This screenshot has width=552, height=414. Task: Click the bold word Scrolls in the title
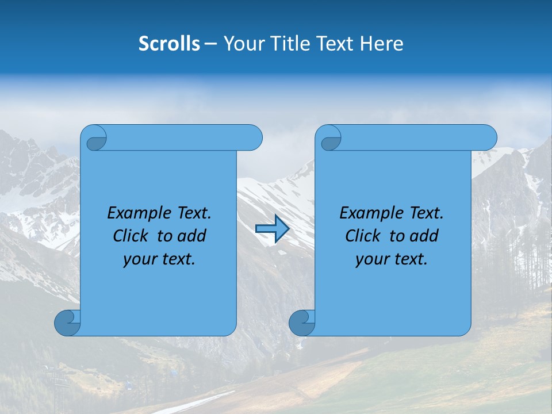click(170, 44)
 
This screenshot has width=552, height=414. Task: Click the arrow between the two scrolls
click(272, 229)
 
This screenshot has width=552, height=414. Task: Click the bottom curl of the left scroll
click(67, 323)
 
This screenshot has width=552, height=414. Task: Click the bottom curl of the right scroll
click(302, 323)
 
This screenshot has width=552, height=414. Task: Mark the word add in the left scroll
click(193, 236)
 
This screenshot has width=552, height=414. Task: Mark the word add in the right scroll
click(425, 236)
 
